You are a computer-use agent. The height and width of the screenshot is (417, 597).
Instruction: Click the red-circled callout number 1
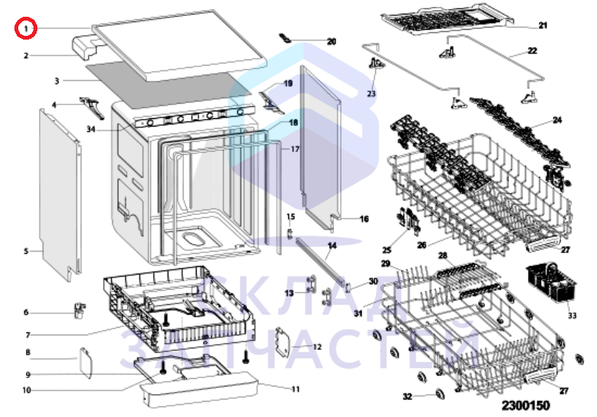(x=27, y=29)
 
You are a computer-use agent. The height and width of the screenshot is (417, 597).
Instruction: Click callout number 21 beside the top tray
(x=543, y=25)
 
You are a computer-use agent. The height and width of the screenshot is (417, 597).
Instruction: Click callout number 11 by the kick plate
(x=296, y=389)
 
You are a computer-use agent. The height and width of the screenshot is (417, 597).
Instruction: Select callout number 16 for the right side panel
(x=364, y=219)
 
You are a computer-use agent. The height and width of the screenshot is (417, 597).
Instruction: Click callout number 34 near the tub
(x=91, y=130)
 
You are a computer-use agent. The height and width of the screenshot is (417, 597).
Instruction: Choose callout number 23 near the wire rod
(x=371, y=94)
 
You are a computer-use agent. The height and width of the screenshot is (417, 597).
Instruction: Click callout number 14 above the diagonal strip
(x=332, y=245)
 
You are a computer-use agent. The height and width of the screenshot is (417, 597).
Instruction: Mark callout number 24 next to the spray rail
(x=557, y=120)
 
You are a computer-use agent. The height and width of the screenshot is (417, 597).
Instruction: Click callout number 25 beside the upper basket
(x=387, y=250)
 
